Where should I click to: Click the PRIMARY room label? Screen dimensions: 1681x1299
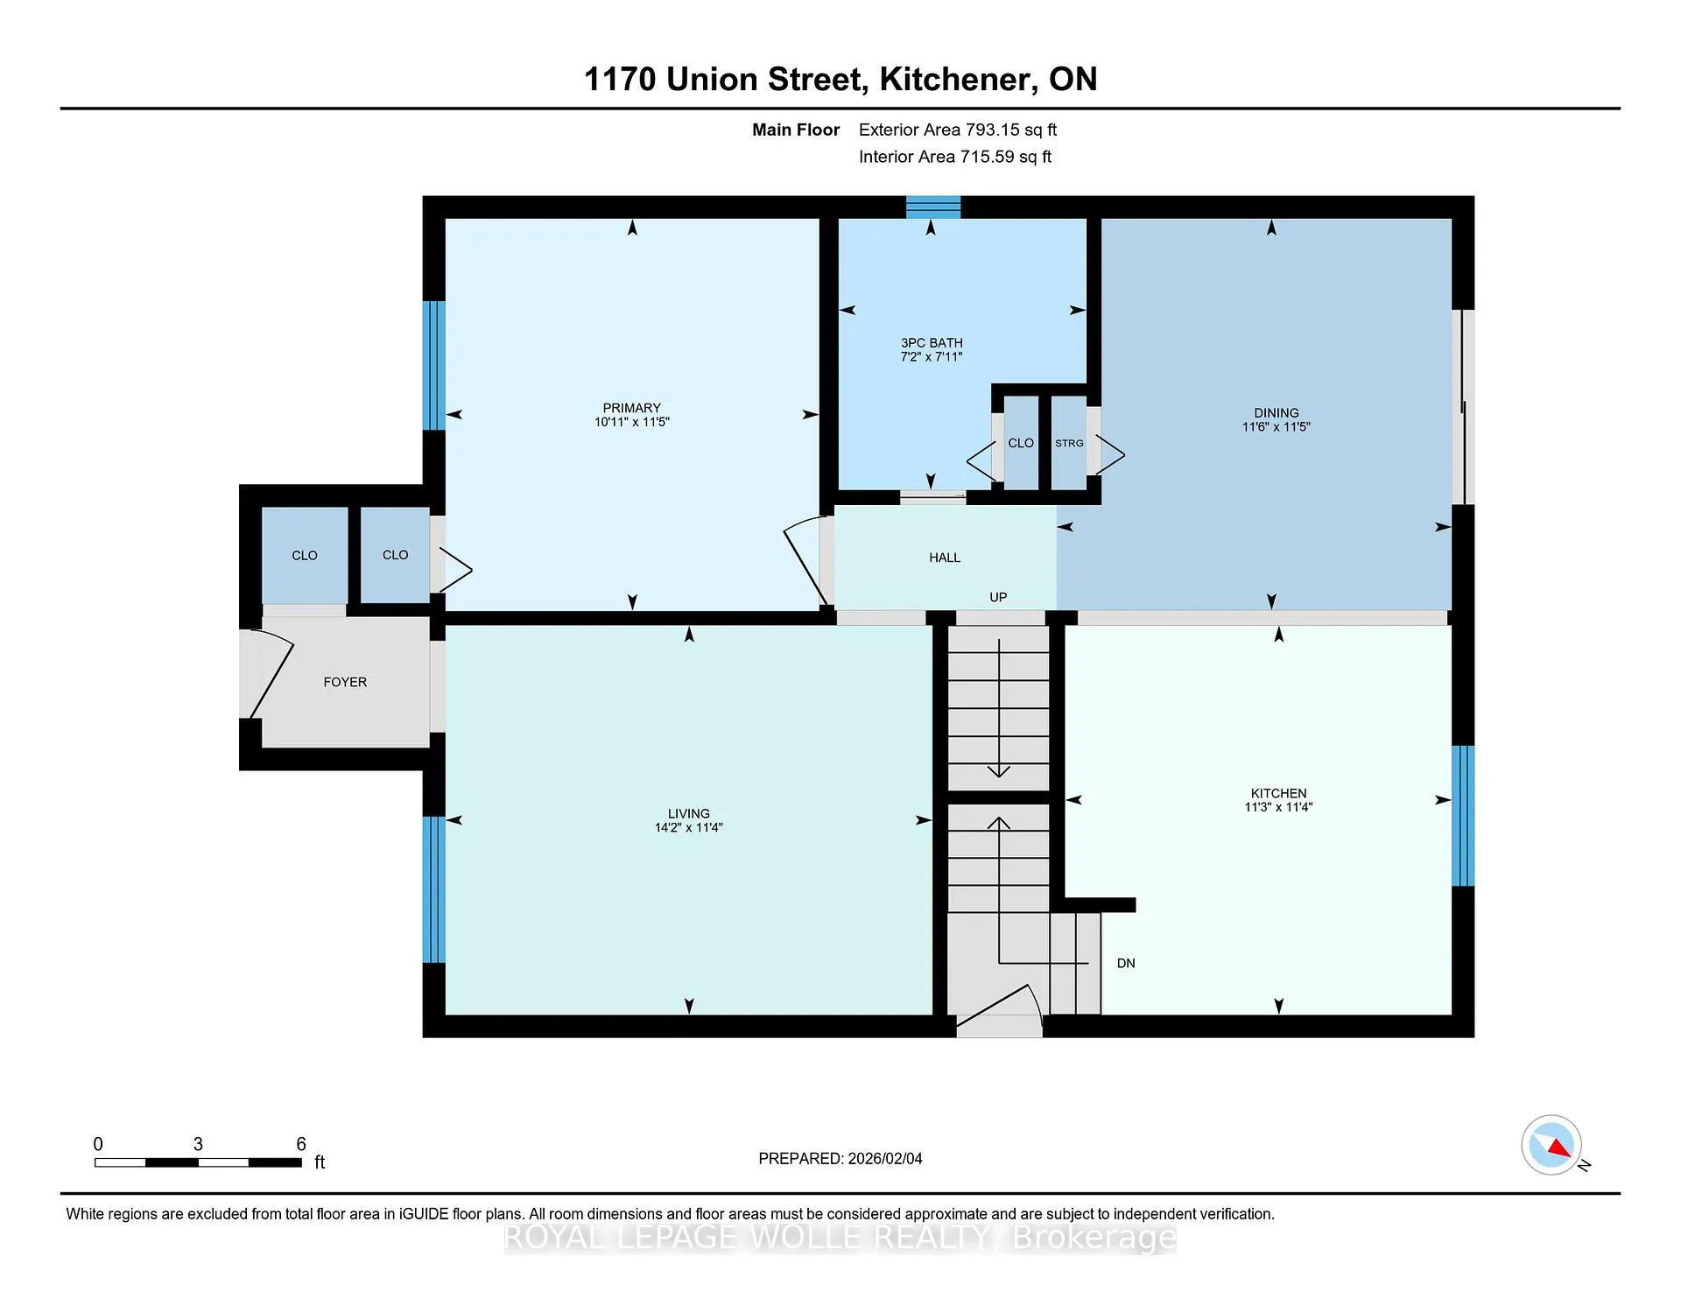coord(631,408)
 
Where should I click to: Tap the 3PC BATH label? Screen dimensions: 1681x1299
coord(932,343)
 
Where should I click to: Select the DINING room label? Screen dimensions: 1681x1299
coord(1276,413)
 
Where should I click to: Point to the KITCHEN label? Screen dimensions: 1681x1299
coord(1278,793)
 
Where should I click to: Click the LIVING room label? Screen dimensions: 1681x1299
coord(688,813)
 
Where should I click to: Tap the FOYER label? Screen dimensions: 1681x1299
coord(345,682)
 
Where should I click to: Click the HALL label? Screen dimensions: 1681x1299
coord(945,558)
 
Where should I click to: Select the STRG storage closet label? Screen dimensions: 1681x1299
coord(1069,443)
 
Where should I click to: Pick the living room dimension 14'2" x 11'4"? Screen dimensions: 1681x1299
coord(688,827)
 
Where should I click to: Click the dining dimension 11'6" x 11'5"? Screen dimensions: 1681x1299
coord(1276,427)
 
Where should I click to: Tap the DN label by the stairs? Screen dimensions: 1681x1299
coord(1126,963)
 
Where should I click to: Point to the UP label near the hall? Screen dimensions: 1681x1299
coord(998,597)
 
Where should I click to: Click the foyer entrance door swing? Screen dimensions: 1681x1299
coord(267,674)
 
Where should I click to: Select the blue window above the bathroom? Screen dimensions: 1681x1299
coord(933,207)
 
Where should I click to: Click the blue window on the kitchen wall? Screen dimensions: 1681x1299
coord(1462,816)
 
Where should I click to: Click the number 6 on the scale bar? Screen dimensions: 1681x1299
coord(301,1144)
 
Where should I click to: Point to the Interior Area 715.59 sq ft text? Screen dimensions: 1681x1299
coord(955,157)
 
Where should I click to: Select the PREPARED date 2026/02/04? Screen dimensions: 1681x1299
coord(885,1158)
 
